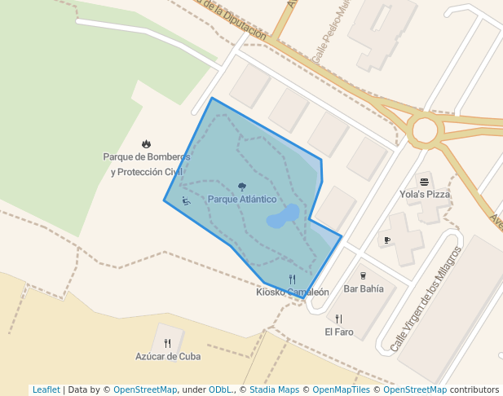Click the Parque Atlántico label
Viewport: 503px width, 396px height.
click(x=241, y=200)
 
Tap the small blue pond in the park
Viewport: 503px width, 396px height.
click(x=282, y=217)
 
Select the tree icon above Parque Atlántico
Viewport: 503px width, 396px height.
click(x=241, y=187)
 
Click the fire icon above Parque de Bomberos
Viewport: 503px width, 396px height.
click(x=146, y=144)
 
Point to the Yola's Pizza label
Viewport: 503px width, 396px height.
click(x=425, y=194)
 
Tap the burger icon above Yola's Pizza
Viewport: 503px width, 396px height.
click(x=424, y=181)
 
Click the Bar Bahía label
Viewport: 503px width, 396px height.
click(x=363, y=288)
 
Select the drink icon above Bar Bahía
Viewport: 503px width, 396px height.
click(x=363, y=275)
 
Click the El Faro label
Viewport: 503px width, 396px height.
click(x=338, y=332)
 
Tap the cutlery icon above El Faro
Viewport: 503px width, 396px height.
click(x=338, y=319)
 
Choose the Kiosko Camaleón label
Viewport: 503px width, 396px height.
click(x=292, y=292)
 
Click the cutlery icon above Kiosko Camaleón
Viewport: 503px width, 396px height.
click(x=292, y=279)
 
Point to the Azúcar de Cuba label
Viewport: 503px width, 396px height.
click(x=168, y=356)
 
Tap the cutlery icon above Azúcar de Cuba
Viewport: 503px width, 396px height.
click(x=168, y=343)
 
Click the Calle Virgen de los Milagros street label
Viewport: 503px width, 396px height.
click(x=426, y=298)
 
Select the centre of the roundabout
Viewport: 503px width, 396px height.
click(x=425, y=130)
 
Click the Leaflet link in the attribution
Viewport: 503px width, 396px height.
click(x=46, y=389)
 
